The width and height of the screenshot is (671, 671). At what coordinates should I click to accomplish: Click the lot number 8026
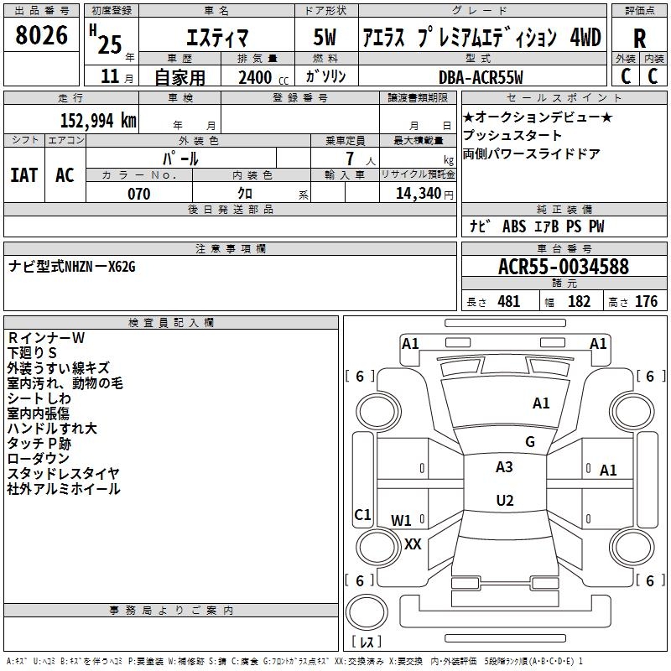(42, 36)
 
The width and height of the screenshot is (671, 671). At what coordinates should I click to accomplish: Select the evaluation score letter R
(639, 39)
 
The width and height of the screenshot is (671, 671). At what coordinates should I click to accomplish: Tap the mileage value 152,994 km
(98, 120)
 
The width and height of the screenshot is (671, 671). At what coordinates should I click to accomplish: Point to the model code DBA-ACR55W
(481, 77)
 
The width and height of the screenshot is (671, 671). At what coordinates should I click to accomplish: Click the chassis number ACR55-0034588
(564, 267)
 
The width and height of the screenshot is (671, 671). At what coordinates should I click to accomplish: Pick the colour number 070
(138, 194)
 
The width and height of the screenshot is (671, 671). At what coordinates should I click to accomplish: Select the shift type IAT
(23, 174)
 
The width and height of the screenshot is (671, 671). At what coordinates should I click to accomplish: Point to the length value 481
(508, 301)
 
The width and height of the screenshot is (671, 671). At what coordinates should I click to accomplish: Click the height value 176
(646, 301)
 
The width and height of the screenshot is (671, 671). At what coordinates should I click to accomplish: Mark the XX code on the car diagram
(413, 544)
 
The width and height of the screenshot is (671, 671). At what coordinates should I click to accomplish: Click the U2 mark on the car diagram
(504, 501)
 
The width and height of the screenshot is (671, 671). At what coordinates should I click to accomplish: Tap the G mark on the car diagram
(530, 442)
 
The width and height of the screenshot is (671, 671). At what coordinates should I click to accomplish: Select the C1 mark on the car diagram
(362, 514)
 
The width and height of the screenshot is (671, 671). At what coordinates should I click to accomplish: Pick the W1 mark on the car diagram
(402, 520)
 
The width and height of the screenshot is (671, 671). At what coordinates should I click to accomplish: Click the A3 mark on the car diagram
(504, 467)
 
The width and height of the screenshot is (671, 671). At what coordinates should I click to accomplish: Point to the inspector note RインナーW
(46, 337)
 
